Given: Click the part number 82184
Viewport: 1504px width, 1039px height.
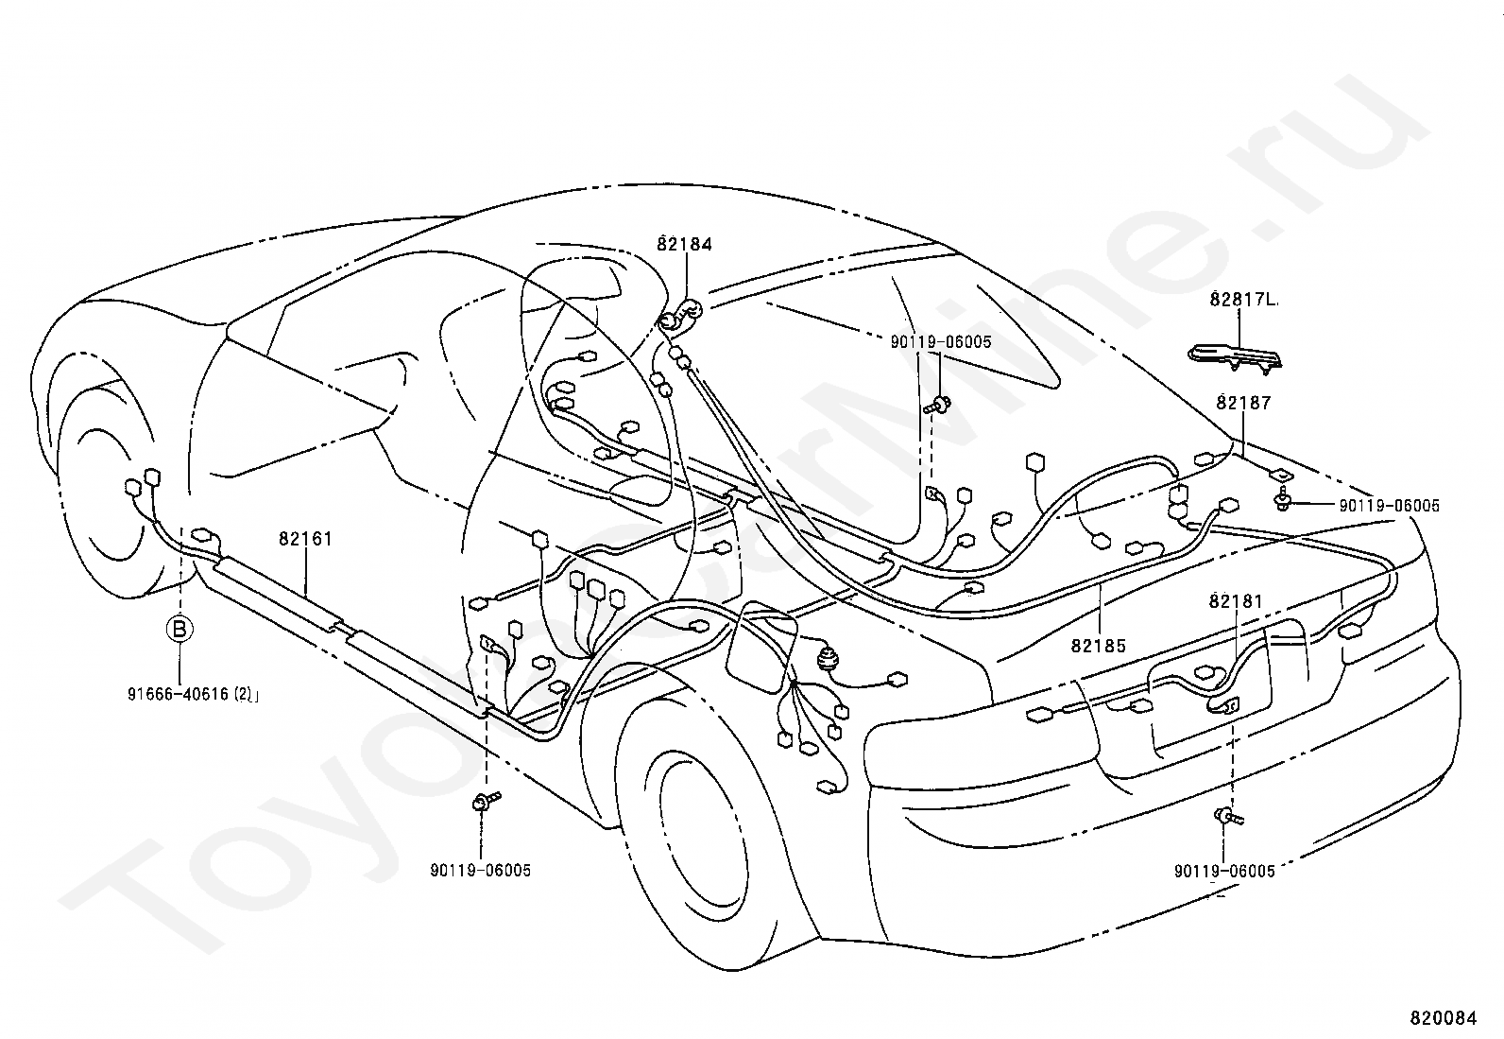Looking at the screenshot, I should click(x=684, y=244).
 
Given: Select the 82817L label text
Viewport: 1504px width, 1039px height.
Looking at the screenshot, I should click(x=1243, y=300).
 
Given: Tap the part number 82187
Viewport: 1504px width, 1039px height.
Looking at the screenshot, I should click(x=1243, y=403).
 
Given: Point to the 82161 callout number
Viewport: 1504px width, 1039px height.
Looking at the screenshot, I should click(x=305, y=539).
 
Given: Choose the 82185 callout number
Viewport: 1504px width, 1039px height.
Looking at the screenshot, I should click(x=1099, y=647).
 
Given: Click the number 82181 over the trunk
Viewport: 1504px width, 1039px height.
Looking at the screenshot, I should click(x=1236, y=601).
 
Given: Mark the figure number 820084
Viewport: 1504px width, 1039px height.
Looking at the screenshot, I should click(x=1443, y=1018).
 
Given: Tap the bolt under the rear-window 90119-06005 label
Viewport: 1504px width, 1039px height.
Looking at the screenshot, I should click(x=937, y=406).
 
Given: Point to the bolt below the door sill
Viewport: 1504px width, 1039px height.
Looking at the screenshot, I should click(x=484, y=803).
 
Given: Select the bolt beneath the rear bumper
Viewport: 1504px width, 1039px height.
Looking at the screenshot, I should click(x=1226, y=815).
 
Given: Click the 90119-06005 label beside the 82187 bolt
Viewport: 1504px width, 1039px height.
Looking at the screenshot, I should click(x=1389, y=507).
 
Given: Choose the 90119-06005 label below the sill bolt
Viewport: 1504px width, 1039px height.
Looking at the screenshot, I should click(x=480, y=871).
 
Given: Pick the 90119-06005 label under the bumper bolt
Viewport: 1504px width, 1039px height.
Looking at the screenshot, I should click(x=1224, y=871).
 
